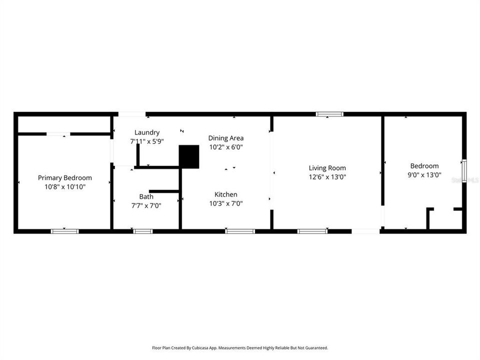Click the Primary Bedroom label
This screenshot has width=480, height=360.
pos(65,177)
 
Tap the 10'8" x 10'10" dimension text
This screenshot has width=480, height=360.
pos(65,186)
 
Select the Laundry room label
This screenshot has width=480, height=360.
pos(147,132)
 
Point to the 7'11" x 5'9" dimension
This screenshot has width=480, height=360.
pos(147,141)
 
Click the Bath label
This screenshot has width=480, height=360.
pos(146,196)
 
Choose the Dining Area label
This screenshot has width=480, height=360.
pos(226,138)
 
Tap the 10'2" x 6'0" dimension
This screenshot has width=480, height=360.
pos(226,147)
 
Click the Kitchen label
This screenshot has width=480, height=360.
pos(226,194)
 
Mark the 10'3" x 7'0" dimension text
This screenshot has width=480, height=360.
pos(226,203)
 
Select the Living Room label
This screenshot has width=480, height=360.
pos(327,168)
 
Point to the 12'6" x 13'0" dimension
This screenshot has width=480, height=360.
pos(327,176)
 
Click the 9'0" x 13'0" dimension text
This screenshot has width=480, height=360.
pos(424,175)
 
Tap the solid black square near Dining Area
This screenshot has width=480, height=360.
pos(189,156)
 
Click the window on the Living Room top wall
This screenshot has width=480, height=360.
pos(329,114)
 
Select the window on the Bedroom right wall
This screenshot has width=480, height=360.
pos(464,171)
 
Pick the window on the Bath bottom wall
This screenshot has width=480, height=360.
pos(143,231)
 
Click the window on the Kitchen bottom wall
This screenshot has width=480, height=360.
pos(240,231)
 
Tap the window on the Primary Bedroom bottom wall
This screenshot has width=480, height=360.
pos(65,231)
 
